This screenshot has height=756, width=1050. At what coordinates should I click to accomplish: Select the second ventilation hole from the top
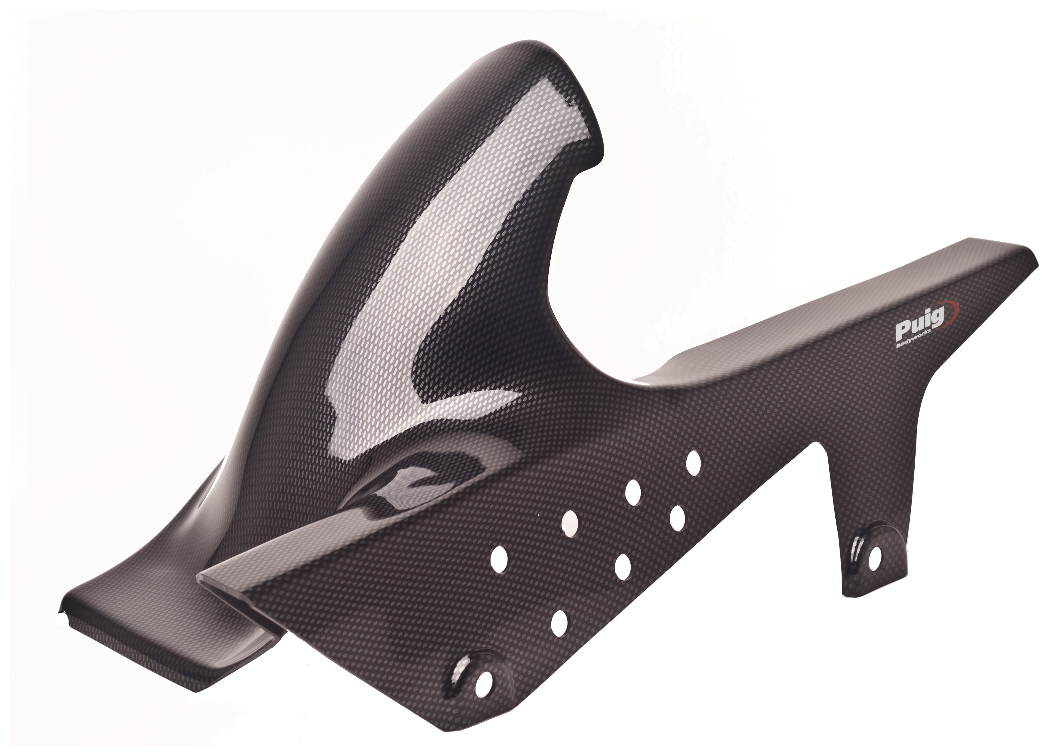point(632,492)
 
